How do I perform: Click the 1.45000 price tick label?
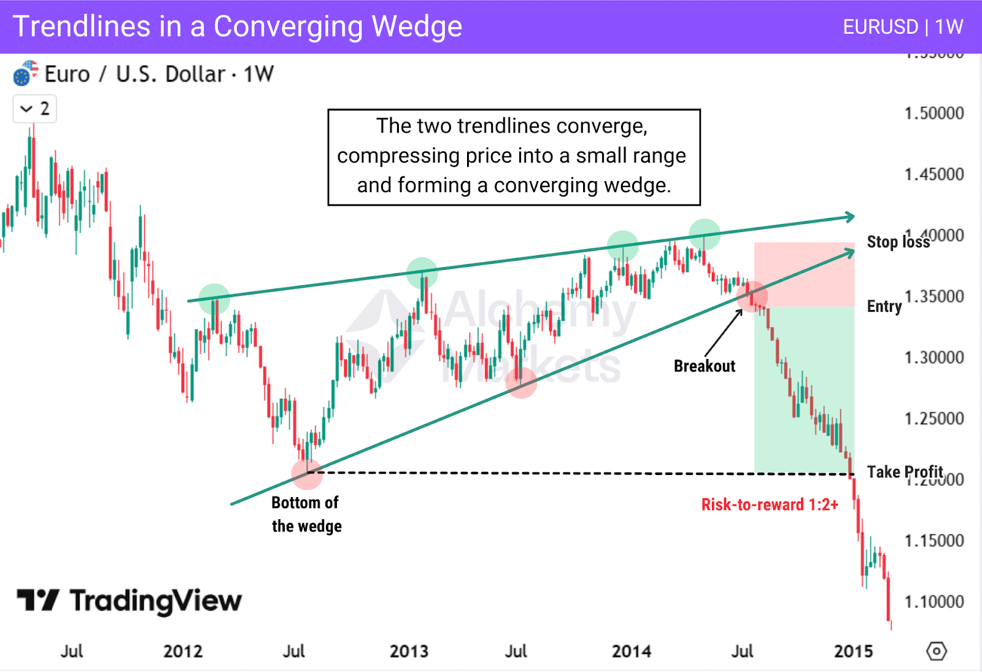[x=934, y=174]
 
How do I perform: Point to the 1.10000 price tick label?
[x=934, y=601]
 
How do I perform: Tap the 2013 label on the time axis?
[x=409, y=651]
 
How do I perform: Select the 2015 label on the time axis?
[x=853, y=651]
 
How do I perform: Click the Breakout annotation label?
[x=704, y=366]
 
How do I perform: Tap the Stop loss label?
[x=898, y=242]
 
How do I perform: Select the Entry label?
[x=884, y=306]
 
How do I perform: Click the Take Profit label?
[x=905, y=472]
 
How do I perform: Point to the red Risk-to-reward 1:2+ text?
[x=770, y=504]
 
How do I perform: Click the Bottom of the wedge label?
[x=306, y=514]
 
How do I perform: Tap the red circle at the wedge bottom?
[x=307, y=473]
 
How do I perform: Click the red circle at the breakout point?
[x=752, y=296]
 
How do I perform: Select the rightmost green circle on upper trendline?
[x=704, y=234]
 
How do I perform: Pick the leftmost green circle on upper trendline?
[x=214, y=299]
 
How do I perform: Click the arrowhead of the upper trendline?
[x=849, y=217]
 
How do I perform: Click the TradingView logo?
[x=129, y=601]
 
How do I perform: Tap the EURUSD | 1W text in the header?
[x=902, y=27]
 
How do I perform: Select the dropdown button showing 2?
[x=35, y=109]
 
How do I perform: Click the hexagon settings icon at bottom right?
[x=937, y=651]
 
